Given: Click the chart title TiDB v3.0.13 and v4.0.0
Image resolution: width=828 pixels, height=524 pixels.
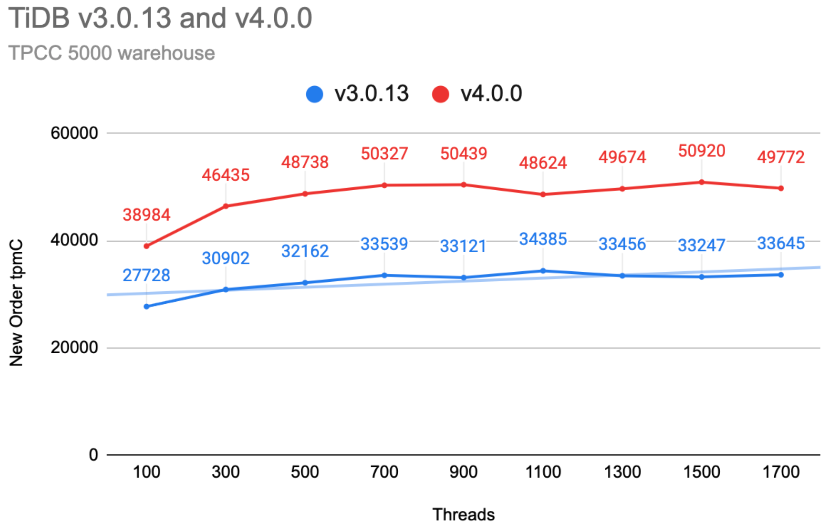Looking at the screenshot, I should pos(160,18).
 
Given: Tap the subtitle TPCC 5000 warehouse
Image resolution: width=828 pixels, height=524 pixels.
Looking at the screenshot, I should pos(111,53).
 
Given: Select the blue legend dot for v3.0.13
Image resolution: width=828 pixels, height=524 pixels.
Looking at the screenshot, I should pos(315,94).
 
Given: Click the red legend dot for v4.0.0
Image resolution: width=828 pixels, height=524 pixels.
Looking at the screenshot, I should pos(440,94).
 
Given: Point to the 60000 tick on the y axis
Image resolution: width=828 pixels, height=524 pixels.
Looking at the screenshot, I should pos(74,133).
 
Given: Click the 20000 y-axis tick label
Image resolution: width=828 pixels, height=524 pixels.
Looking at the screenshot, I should pos(74,347).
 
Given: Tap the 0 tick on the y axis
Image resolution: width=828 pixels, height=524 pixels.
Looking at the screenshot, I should pos(93,455).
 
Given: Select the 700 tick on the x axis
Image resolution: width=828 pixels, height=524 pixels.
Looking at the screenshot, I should pos(384,472).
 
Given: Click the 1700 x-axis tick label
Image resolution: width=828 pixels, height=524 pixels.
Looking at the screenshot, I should pos(781,472).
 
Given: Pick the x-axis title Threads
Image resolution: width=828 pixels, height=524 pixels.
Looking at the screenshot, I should pos(463,514).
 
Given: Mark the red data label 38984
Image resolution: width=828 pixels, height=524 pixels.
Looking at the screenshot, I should pos(146,215).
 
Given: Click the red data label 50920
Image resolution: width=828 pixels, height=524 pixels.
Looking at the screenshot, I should pos(701,151).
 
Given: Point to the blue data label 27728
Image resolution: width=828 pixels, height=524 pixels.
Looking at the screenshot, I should pos(146,275).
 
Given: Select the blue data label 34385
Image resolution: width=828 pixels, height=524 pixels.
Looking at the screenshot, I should pos(543,239).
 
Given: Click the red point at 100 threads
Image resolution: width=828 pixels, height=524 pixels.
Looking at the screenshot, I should pos(146,246).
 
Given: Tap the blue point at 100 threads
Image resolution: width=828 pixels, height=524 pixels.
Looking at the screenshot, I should pos(146,306).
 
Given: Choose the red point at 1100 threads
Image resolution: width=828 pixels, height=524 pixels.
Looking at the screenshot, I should pos(543,195).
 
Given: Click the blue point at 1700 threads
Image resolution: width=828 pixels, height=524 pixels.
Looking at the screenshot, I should pos(781,275).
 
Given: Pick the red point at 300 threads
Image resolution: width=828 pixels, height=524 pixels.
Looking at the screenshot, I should pos(226,206).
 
